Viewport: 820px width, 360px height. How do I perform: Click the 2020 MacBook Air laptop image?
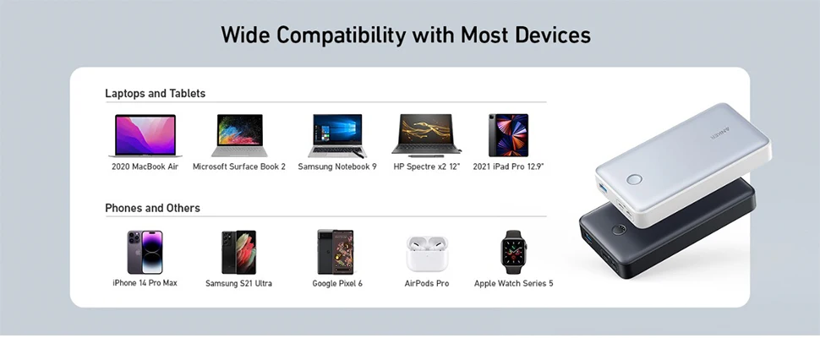[145, 136]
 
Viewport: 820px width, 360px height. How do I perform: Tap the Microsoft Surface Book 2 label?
[239, 166]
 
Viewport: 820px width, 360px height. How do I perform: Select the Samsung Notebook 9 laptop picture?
[337, 136]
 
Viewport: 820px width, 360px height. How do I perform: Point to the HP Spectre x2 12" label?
[427, 166]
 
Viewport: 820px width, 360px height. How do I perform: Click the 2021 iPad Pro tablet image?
[508, 135]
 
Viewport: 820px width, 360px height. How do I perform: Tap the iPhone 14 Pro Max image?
[145, 253]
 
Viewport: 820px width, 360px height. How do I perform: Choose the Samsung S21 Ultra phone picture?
[238, 253]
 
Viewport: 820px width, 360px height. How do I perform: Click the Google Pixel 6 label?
[337, 283]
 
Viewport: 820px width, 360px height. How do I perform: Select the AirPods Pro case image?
[427, 254]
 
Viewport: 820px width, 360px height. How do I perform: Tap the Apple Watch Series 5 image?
[513, 253]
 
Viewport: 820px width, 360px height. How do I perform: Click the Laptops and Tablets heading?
[156, 94]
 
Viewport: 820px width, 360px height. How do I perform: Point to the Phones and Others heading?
[153, 208]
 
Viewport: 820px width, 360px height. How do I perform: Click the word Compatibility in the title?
[341, 35]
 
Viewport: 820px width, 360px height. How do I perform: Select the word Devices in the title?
[553, 35]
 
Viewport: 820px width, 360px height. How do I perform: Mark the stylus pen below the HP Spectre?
[426, 155]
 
